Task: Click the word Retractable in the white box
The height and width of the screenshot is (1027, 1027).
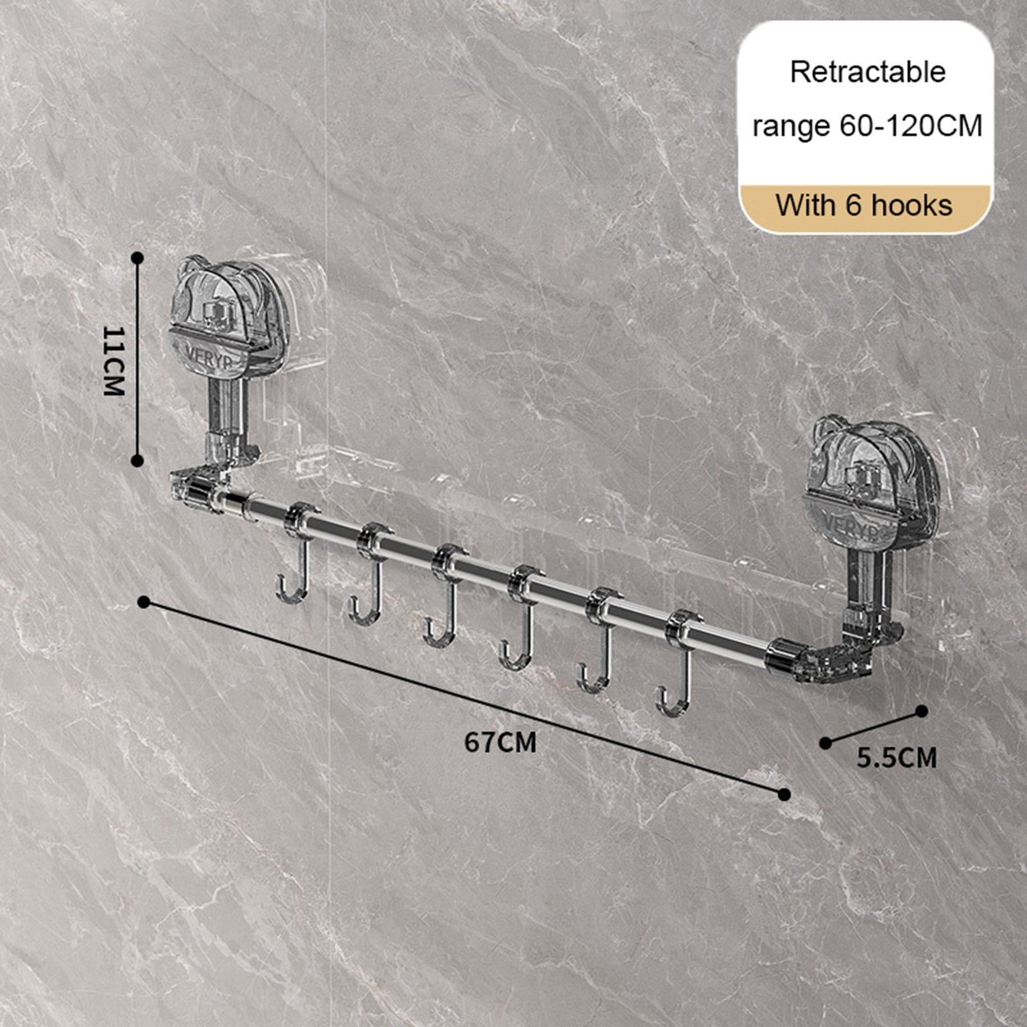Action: click(867, 72)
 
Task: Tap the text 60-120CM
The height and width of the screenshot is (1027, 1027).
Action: click(911, 126)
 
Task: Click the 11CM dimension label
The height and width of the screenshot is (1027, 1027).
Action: click(114, 361)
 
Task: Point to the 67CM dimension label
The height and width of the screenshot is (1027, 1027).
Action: click(501, 742)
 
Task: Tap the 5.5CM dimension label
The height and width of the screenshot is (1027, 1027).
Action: click(897, 758)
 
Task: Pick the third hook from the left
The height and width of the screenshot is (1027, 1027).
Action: click(446, 596)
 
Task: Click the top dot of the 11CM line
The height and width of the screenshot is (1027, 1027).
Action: click(137, 258)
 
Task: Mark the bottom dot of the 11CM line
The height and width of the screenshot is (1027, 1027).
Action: click(137, 460)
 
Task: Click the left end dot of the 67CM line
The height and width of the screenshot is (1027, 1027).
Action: click(144, 602)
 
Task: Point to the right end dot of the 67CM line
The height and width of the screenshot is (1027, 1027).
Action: click(784, 795)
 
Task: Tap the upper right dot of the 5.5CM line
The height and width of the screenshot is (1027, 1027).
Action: click(922, 711)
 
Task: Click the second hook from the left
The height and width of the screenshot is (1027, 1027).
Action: click(371, 575)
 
